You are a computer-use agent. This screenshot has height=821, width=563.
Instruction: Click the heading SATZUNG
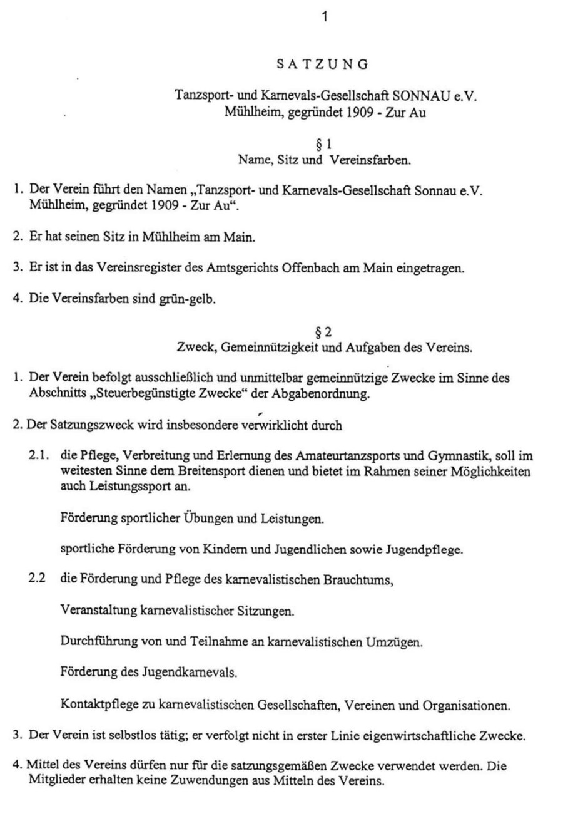pyautogui.click(x=322, y=63)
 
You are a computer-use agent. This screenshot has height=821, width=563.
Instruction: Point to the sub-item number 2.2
pyautogui.click(x=38, y=578)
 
